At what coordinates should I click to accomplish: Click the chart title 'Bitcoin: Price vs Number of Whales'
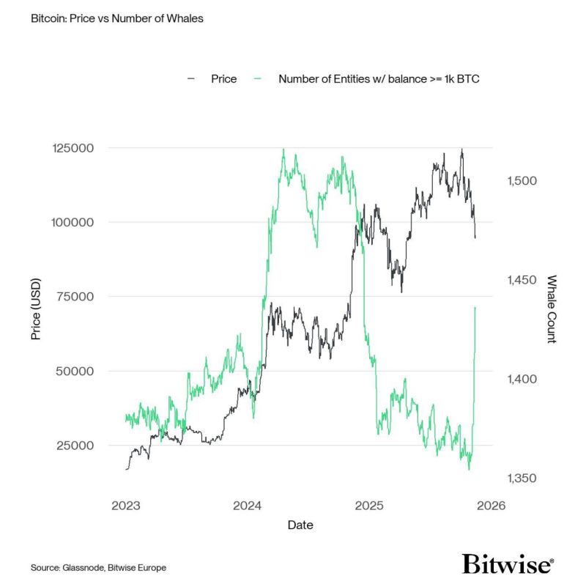pos(117,18)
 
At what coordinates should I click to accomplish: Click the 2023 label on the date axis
pos(126,505)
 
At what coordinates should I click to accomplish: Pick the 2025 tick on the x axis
pos(369,505)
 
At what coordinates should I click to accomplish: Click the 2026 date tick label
pos(490,505)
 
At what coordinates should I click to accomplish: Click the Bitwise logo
pos(508,564)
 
